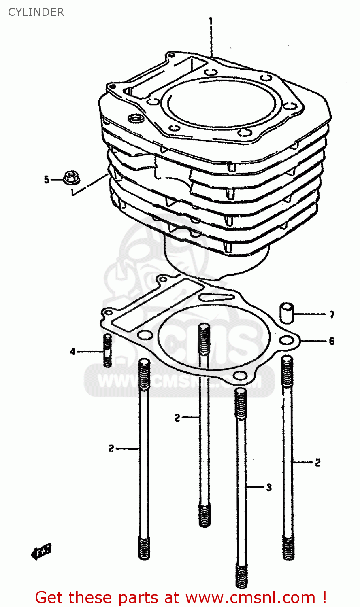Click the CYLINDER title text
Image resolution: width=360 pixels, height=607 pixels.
click(36, 12)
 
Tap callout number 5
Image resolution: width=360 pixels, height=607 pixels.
click(47, 179)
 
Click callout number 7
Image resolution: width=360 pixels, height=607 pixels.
click(332, 314)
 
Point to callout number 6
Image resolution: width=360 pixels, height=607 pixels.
click(332, 341)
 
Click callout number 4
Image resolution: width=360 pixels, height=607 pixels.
click(73, 352)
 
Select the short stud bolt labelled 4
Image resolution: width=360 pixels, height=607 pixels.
click(107, 350)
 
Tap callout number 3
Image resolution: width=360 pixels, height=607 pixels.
click(269, 488)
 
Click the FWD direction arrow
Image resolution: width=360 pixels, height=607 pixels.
click(41, 551)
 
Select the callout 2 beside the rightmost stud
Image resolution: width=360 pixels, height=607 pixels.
click(317, 462)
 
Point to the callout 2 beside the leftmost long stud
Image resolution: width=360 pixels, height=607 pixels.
click(111, 448)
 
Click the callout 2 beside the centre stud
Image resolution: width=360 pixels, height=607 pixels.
click(177, 418)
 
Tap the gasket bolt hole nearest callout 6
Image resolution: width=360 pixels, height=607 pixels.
click(287, 340)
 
